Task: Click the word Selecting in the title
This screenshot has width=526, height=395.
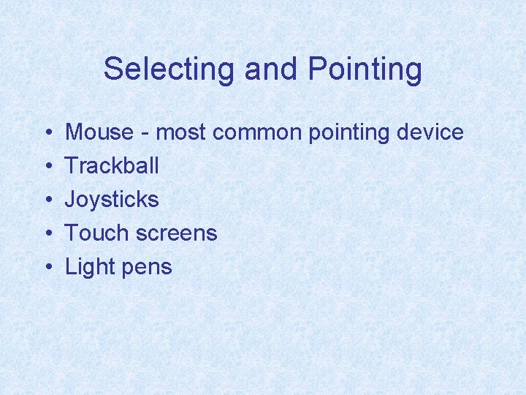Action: tap(171, 69)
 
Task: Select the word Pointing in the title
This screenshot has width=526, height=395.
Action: tap(365, 69)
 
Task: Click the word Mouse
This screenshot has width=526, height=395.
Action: tap(99, 132)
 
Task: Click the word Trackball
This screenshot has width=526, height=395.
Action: tap(112, 166)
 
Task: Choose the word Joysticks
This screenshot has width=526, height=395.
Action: tap(112, 200)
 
